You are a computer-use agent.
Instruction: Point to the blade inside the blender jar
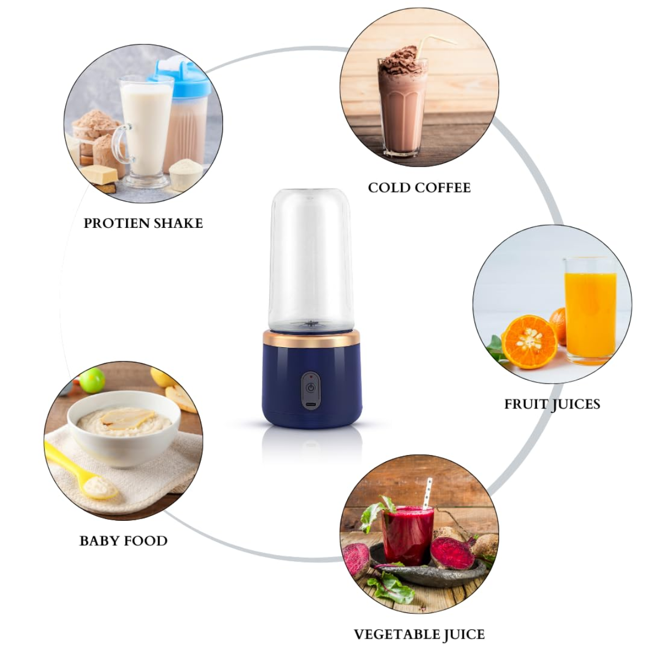(311, 324)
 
